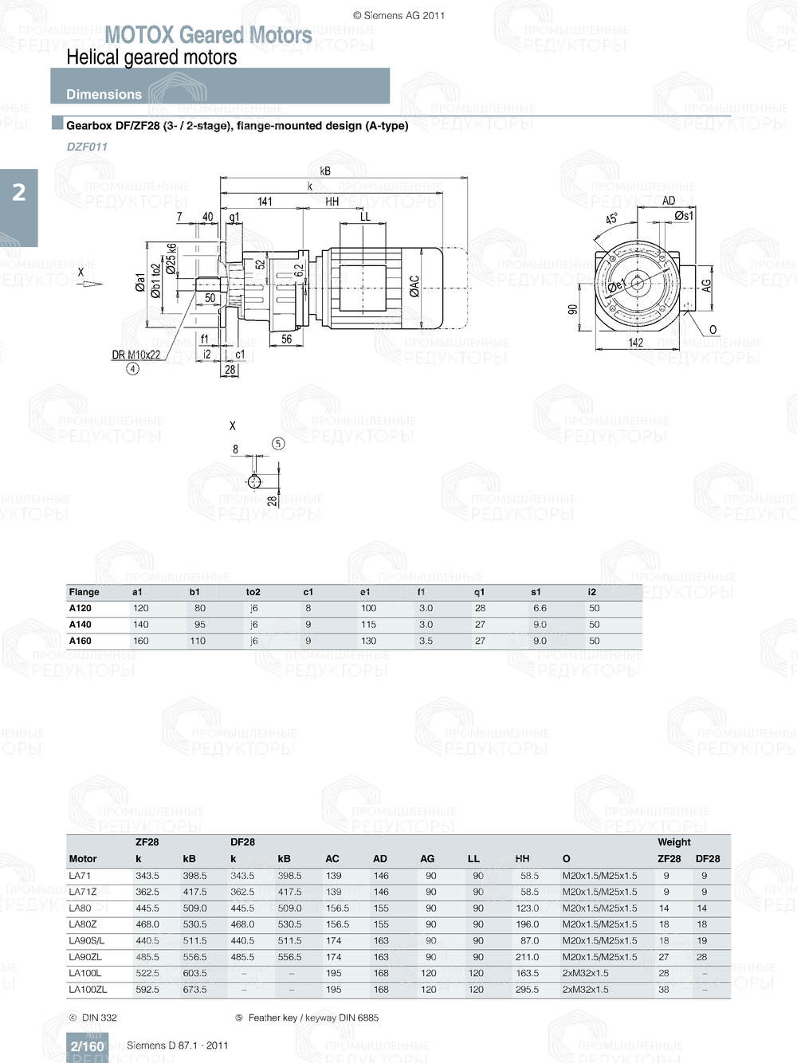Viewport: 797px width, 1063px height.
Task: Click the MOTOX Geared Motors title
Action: pos(208,35)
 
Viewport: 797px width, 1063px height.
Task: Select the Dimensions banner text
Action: pos(104,94)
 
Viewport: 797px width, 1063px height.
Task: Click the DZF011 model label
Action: pos(87,147)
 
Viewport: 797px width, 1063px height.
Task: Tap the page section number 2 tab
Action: pos(18,192)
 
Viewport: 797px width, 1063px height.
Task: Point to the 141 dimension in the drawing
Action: pos(265,202)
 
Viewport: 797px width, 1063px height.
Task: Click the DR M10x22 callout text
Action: pos(135,355)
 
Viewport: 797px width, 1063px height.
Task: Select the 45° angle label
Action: pos(611,218)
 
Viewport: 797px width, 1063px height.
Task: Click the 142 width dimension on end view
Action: pos(635,343)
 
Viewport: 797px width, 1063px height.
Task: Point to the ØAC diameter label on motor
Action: pos(414,286)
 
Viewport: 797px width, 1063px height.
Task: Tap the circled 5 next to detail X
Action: pos(278,444)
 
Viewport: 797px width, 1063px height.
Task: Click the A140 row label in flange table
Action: pos(80,625)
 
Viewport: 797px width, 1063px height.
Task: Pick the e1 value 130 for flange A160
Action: pos(368,641)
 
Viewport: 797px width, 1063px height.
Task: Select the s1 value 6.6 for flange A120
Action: pos(540,608)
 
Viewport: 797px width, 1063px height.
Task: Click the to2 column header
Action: pos(253,592)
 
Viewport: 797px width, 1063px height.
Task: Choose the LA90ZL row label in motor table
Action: pos(85,957)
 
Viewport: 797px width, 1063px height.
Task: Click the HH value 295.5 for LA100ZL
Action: pos(527,990)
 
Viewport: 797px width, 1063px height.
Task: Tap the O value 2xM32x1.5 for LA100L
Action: pos(585,973)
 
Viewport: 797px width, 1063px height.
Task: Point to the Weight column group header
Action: pos(674,842)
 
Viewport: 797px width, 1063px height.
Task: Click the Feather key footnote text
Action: pos(312,1018)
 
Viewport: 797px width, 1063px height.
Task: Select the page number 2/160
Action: pos(88,1046)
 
